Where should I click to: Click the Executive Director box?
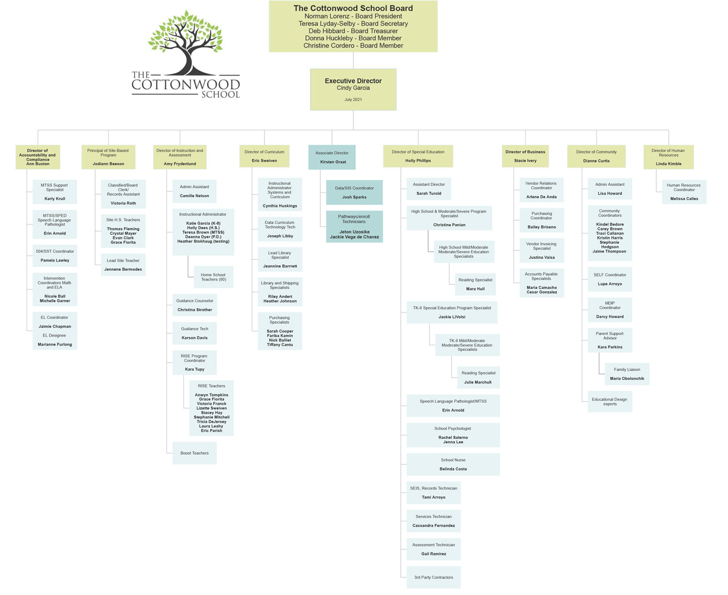[353, 89]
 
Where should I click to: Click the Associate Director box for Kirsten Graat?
[332, 157]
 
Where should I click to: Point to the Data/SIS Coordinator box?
[354, 192]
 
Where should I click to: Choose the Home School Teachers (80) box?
[214, 277]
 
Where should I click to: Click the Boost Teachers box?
[195, 453]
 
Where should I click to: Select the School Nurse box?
[453, 464]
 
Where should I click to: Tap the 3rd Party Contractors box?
[433, 578]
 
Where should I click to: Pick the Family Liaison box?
[627, 374]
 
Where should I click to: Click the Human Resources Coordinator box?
[684, 192]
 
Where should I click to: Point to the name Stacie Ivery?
[525, 161]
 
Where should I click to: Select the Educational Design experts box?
[610, 402]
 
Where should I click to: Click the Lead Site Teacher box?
[123, 265]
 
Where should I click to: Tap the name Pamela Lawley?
[55, 261]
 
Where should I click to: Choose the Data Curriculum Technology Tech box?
[280, 229]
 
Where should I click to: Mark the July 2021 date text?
[353, 99]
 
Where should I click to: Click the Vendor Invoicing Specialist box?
[542, 250]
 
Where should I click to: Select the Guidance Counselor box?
[195, 305]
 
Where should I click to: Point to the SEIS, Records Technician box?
[433, 493]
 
